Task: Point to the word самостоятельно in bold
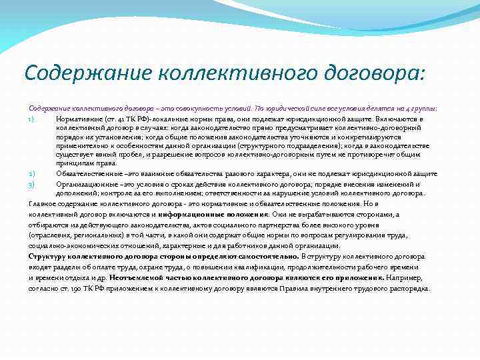[x=267, y=256]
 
